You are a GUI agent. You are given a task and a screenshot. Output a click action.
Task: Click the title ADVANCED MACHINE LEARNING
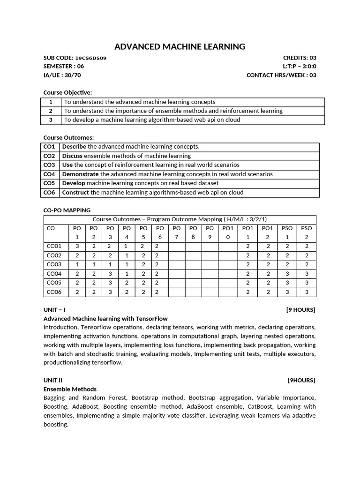(180, 46)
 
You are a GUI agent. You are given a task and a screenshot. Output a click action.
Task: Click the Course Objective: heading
(67, 92)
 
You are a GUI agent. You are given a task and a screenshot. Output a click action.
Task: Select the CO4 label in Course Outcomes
(50, 174)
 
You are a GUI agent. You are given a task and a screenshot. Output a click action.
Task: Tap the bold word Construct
(75, 192)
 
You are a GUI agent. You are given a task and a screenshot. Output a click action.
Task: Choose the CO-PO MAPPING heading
(67, 210)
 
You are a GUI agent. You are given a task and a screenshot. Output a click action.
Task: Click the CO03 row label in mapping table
(54, 264)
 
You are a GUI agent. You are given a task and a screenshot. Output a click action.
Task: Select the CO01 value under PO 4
(127, 246)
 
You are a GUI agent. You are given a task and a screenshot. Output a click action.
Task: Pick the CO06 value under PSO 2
(307, 292)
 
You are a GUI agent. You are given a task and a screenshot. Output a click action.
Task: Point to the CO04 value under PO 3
(110, 274)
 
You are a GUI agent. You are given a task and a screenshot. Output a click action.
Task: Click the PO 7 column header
(177, 232)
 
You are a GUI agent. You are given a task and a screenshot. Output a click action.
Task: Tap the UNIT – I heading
(54, 310)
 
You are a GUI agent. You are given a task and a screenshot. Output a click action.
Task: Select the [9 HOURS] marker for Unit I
(301, 310)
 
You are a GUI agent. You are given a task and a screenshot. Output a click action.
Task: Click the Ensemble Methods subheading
(70, 389)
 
